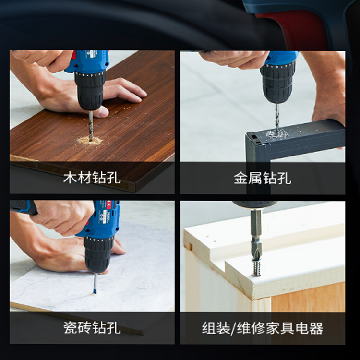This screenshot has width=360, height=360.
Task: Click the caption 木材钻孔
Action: (92, 178)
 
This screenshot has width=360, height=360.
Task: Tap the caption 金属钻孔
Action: (263, 178)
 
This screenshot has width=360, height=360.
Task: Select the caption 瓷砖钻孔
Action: (92, 328)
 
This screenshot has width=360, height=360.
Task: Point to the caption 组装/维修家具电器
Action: (263, 328)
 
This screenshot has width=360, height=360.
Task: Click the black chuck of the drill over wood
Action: (90, 90)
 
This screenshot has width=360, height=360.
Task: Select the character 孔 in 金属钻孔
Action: (284, 178)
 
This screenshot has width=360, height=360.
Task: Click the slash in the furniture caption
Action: (233, 328)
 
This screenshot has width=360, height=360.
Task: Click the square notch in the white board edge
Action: (189, 246)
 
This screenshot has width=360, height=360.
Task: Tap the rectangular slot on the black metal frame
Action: (254, 137)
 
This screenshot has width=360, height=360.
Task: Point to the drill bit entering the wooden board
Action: (91, 126)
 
